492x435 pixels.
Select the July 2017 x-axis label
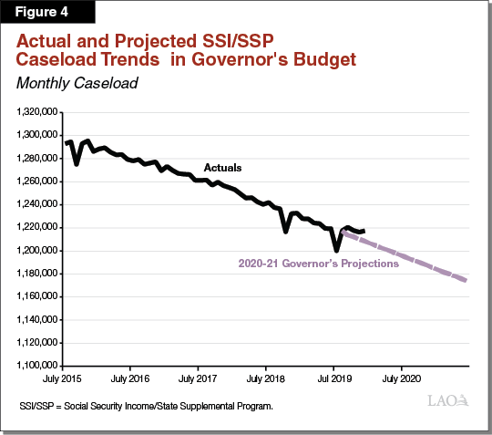tap(198, 377)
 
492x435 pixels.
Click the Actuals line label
tap(222, 168)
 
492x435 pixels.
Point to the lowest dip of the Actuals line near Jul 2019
tap(337, 250)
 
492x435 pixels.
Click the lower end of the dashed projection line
tap(466, 280)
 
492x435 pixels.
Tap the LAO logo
tap(448, 400)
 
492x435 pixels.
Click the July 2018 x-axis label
tap(265, 377)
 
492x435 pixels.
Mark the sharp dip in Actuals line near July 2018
tap(286, 232)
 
